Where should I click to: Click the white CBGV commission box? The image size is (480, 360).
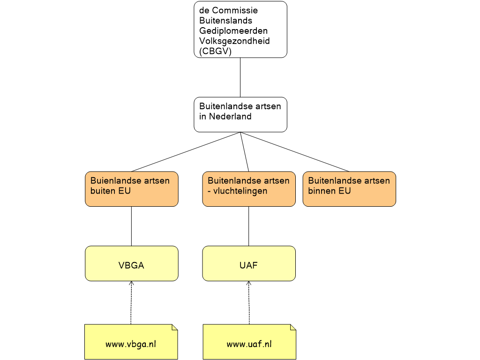[x=240, y=30]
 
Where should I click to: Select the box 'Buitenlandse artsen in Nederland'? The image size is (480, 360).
[x=240, y=114]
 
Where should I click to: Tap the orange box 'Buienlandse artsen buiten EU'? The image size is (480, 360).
[x=131, y=189]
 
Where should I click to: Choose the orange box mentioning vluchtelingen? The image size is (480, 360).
[x=248, y=189]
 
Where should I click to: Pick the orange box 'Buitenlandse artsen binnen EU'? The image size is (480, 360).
[x=349, y=189]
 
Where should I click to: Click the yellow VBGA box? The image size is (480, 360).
[x=131, y=263]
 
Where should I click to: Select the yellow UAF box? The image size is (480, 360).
[x=248, y=263]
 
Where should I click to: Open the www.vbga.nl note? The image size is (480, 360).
[x=131, y=344]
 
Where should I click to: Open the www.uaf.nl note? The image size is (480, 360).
[x=249, y=344]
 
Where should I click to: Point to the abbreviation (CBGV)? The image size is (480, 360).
[x=216, y=52]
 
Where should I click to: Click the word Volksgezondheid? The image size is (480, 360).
[x=234, y=41]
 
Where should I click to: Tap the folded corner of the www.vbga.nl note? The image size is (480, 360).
[x=174, y=327]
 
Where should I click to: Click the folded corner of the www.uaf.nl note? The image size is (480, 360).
[x=292, y=327]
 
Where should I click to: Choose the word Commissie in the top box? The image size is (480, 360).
[x=235, y=10]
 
